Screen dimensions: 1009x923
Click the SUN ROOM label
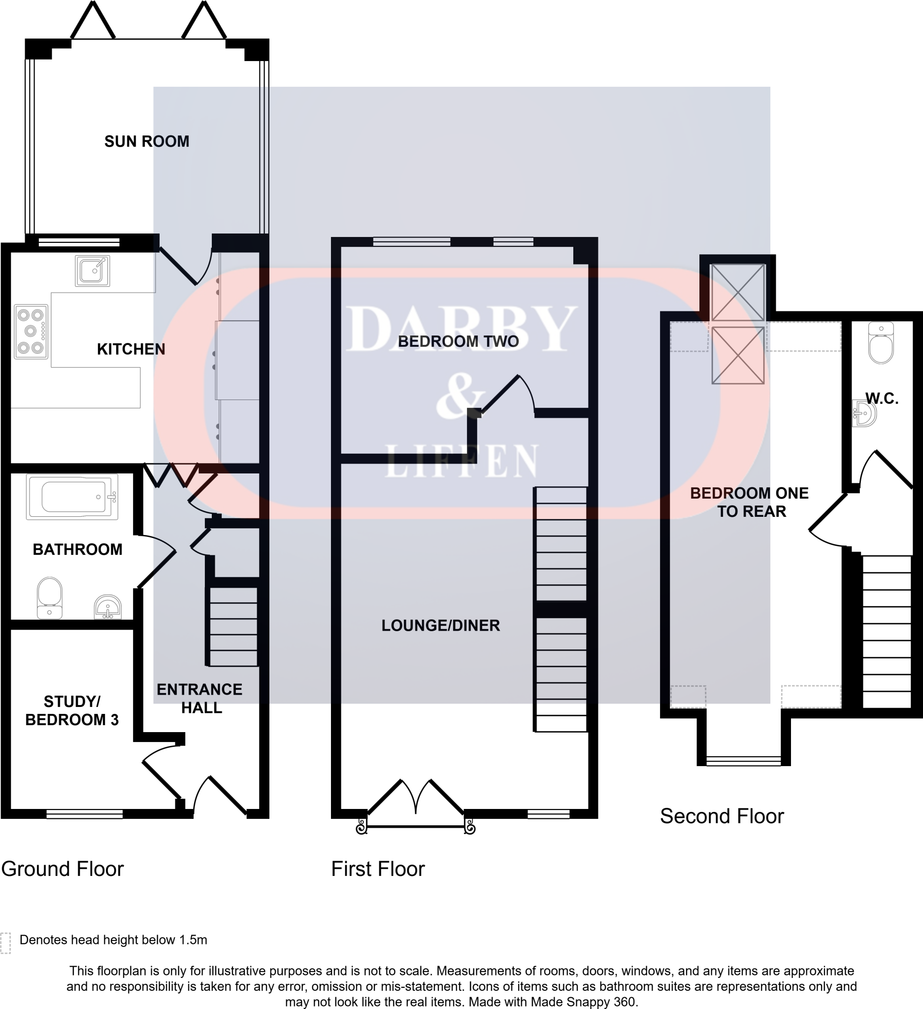tap(147, 141)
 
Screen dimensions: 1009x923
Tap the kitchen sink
tap(93, 271)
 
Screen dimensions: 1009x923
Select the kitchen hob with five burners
tap(31, 332)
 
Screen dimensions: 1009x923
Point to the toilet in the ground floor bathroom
tap(50, 598)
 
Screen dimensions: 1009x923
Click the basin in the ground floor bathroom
tap(107, 606)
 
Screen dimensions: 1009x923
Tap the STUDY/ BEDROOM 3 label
tap(72, 710)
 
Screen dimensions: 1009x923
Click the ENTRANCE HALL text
tap(199, 698)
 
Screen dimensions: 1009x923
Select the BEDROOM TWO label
tap(458, 342)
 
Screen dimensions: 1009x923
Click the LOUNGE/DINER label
tap(441, 626)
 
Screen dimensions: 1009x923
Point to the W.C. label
tap(882, 399)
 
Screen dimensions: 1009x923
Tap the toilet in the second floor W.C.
tap(881, 344)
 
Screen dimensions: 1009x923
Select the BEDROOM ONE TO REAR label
tap(749, 502)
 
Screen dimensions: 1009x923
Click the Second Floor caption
tap(722, 816)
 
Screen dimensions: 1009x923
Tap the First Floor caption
tap(378, 869)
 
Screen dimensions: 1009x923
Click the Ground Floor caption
tap(63, 869)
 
